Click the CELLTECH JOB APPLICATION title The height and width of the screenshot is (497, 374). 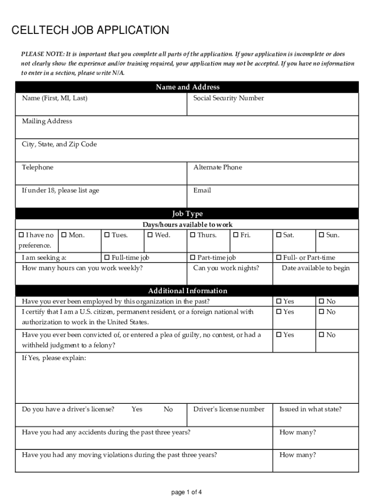click(90, 31)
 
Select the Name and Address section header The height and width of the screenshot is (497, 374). click(187, 87)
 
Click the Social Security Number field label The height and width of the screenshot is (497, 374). click(228, 98)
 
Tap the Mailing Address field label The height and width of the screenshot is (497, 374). click(47, 121)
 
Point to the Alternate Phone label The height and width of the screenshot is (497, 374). click(217, 167)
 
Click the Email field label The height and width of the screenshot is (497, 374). click(202, 190)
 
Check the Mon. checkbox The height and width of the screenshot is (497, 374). click(64, 235)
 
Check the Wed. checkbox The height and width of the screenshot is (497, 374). click(150, 235)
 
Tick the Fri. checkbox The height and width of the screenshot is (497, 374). click(236, 235)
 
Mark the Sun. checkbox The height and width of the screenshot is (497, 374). click(322, 235)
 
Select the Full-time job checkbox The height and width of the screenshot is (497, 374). click(107, 258)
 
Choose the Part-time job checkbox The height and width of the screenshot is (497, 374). click(193, 258)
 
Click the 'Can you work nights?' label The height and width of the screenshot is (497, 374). click(226, 268)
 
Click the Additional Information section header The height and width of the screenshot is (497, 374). click(187, 291)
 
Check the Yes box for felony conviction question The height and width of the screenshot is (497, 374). click(279, 335)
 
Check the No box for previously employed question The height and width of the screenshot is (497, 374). click(322, 301)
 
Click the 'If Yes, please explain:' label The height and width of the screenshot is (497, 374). click(54, 358)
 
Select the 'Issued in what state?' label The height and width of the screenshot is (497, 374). click(310, 409)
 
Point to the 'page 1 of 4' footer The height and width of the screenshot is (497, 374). click(187, 492)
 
